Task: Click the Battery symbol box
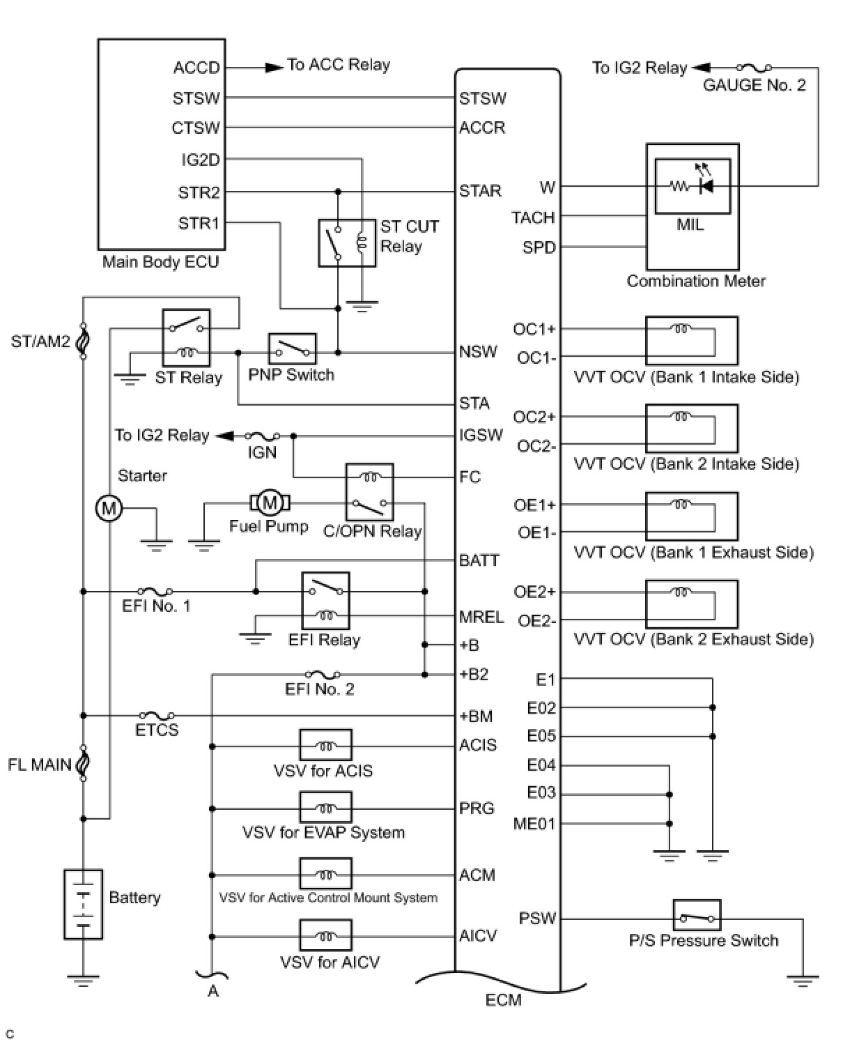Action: [x=83, y=904]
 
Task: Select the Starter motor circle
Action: [x=109, y=508]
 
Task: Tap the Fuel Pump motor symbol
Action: [x=270, y=502]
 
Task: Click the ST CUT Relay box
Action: [x=347, y=243]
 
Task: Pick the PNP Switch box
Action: [x=292, y=348]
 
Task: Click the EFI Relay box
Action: [x=325, y=601]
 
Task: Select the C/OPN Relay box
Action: [x=369, y=491]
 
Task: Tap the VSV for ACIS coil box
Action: [x=325, y=746]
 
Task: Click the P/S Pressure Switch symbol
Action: [x=697, y=916]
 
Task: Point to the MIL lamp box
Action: [x=693, y=186]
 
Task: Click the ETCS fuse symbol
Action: [x=157, y=716]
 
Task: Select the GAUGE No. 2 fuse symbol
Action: [x=754, y=68]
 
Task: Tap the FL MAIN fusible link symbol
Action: [x=83, y=764]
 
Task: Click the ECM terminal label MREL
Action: [x=481, y=617]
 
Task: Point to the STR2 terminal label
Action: [x=199, y=192]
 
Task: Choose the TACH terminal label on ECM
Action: [x=533, y=217]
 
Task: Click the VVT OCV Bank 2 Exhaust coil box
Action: [x=691, y=604]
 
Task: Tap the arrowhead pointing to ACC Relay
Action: [x=274, y=68]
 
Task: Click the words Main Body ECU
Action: [x=161, y=262]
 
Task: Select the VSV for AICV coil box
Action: [x=325, y=935]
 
